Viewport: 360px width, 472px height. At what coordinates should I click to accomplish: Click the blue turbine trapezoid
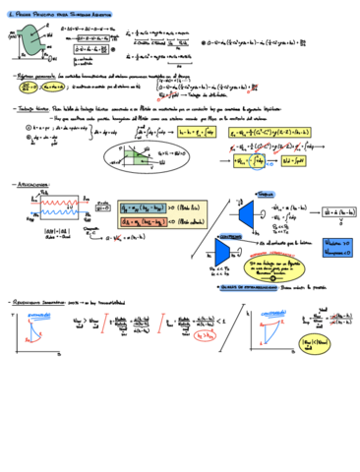244,212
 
